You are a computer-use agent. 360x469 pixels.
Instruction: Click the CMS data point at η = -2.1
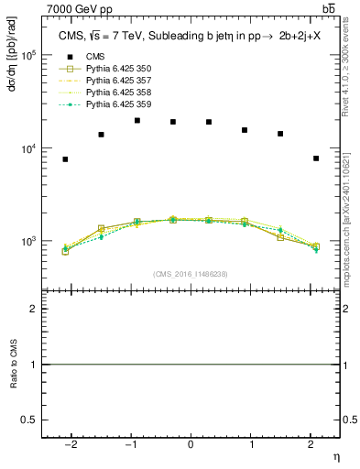[65, 159]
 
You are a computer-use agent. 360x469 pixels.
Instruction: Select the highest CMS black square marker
[137, 120]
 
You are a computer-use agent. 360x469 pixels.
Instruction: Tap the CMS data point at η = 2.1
[315, 158]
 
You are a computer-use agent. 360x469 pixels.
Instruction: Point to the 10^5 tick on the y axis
[29, 55]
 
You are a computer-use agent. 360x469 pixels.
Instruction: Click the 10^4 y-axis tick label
[29, 148]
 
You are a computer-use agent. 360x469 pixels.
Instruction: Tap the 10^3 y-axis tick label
[29, 242]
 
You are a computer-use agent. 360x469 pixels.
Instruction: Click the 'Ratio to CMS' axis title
[13, 365]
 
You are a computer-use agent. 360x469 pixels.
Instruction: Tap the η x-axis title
[335, 455]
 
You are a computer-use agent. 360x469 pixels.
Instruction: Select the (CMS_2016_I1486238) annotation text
[191, 275]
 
